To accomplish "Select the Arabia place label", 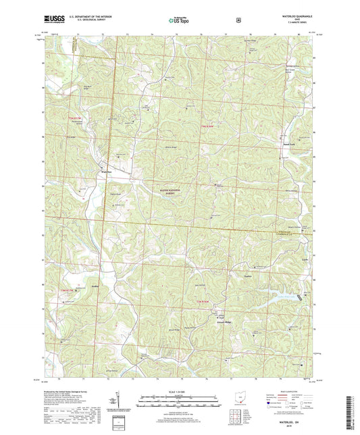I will (95, 287).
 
